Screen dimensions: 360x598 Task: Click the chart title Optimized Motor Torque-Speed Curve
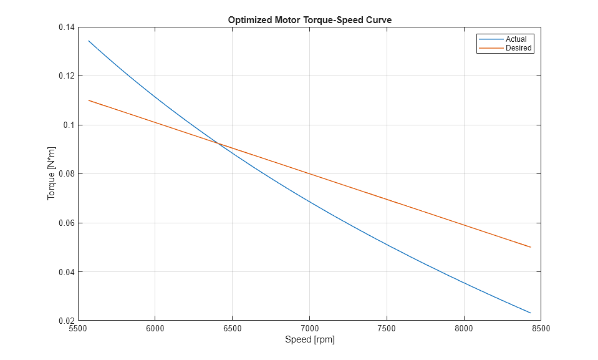click(x=309, y=20)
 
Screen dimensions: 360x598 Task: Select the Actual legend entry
click(x=516, y=39)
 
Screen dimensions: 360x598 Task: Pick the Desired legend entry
click(x=519, y=48)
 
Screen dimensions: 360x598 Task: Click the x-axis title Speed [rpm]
click(x=309, y=340)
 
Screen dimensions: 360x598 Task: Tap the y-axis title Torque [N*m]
click(x=51, y=174)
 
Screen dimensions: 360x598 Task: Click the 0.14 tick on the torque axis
click(x=65, y=27)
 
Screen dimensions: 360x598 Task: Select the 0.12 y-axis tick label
click(x=65, y=76)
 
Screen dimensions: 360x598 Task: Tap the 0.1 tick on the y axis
click(x=68, y=125)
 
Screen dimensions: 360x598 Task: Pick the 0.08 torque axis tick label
click(x=65, y=174)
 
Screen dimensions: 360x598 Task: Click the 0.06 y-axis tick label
click(x=65, y=223)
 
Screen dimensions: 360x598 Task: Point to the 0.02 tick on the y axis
click(x=65, y=321)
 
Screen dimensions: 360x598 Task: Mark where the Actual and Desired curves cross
click(x=219, y=144)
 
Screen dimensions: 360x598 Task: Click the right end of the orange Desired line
click(x=531, y=247)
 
